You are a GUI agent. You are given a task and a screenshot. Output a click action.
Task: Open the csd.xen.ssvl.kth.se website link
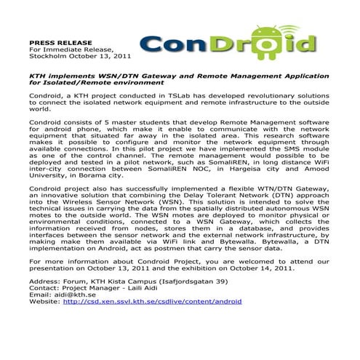[153, 300]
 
